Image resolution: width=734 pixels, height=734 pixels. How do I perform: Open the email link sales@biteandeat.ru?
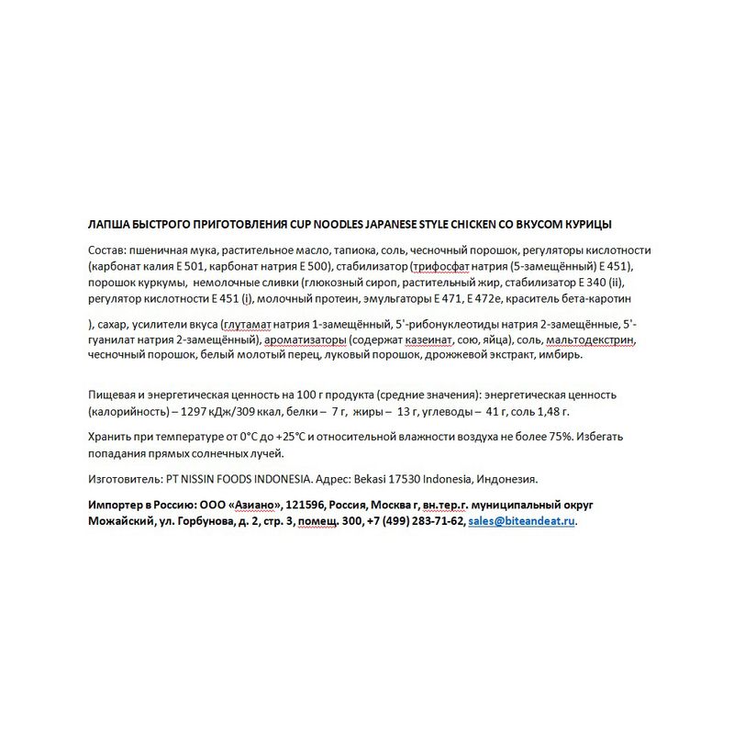[522, 521]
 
